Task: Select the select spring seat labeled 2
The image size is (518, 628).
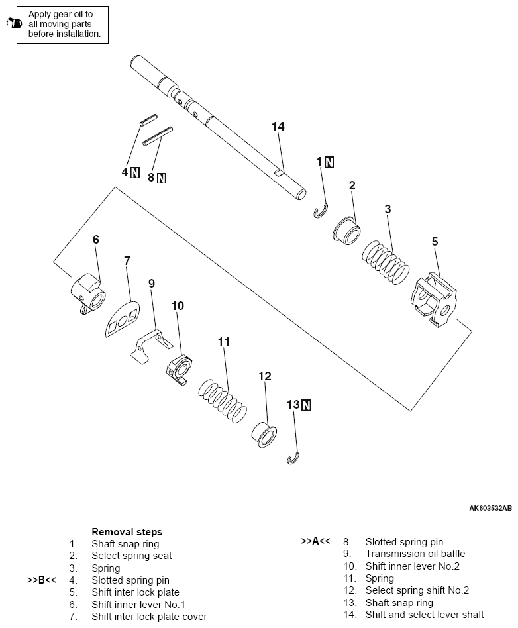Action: pyautogui.click(x=346, y=231)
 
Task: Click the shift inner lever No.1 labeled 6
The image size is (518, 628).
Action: pyautogui.click(x=87, y=291)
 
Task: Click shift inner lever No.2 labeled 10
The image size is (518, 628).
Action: pyautogui.click(x=179, y=368)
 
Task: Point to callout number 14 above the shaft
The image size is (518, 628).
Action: pyautogui.click(x=277, y=126)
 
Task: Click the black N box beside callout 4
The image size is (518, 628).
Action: pyautogui.click(x=135, y=172)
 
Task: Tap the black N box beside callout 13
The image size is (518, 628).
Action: pyautogui.click(x=306, y=405)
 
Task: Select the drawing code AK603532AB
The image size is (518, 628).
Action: pyautogui.click(x=490, y=509)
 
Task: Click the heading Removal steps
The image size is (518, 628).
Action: pyautogui.click(x=127, y=531)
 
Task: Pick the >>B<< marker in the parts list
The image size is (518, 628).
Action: pyautogui.click(x=41, y=580)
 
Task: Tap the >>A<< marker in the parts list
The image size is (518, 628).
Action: pyautogui.click(x=315, y=541)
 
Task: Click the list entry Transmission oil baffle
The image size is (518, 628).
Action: pyautogui.click(x=415, y=554)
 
